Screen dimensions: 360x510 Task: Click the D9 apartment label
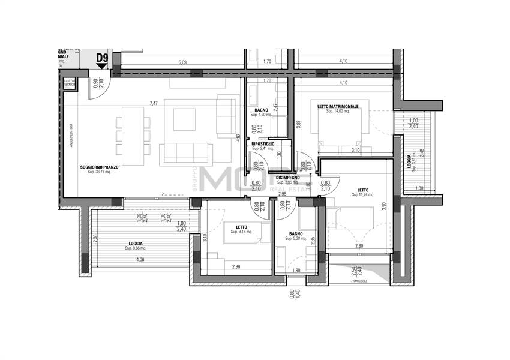tap(102, 58)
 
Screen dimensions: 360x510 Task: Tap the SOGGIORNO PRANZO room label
tap(99, 167)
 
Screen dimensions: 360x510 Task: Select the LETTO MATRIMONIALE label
tap(338, 106)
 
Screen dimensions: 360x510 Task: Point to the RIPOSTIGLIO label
tap(263, 144)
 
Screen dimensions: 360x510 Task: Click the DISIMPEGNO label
tap(287, 178)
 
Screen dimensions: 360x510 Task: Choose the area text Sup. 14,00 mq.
tap(338, 112)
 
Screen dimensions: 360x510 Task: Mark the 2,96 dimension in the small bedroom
tap(235, 266)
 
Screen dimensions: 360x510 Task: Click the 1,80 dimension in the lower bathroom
tap(296, 270)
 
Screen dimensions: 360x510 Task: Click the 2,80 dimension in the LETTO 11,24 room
tap(359, 246)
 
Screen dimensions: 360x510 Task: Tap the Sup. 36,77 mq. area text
tap(99, 172)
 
